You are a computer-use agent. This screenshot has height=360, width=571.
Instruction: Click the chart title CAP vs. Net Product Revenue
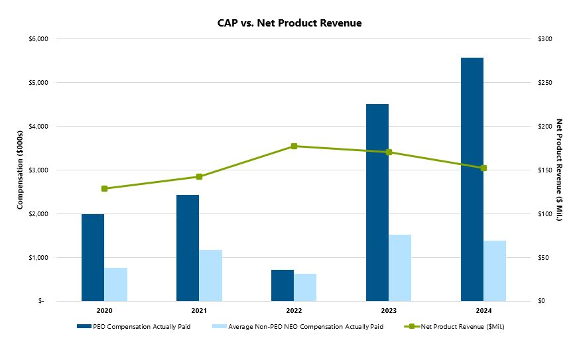[x=289, y=23]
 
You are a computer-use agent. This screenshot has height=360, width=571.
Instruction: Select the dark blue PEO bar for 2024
[x=472, y=179]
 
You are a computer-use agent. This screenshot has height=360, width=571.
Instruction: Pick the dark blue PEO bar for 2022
[x=283, y=285]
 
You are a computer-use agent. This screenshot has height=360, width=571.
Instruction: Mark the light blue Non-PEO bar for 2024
[x=495, y=270]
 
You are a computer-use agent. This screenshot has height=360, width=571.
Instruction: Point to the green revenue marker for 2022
[x=294, y=146]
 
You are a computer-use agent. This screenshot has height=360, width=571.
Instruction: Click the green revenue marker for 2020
[x=104, y=188]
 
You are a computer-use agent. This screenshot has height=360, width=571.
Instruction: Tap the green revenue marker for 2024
[x=483, y=168]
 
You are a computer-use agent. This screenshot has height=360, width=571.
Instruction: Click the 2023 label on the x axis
[x=389, y=311]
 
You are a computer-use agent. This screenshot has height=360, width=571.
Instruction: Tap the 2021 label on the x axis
[x=199, y=311]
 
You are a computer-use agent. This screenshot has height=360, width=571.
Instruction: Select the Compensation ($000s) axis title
[x=21, y=170]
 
